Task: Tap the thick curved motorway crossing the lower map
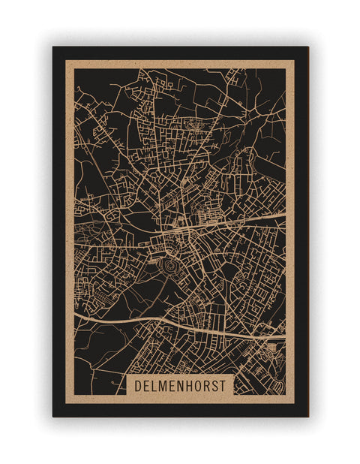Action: point(150,321)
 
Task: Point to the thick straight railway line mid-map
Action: point(240,221)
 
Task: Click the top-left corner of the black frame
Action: point(53,47)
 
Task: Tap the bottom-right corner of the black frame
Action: point(307,416)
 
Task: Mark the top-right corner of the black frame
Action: point(307,47)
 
